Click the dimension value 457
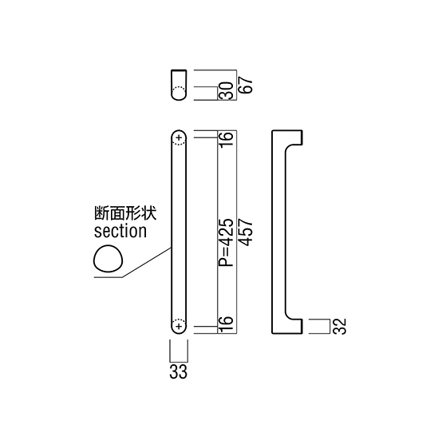(246, 232)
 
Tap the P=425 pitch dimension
(226, 243)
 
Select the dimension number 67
(246, 85)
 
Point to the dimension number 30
(226, 90)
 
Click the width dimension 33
(179, 371)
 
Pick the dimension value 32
(339, 326)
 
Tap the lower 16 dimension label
(226, 324)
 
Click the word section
(120, 231)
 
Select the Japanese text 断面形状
(125, 213)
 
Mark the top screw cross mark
(179, 137)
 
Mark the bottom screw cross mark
(179, 326)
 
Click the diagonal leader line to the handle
(147, 263)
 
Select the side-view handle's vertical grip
(278, 232)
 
